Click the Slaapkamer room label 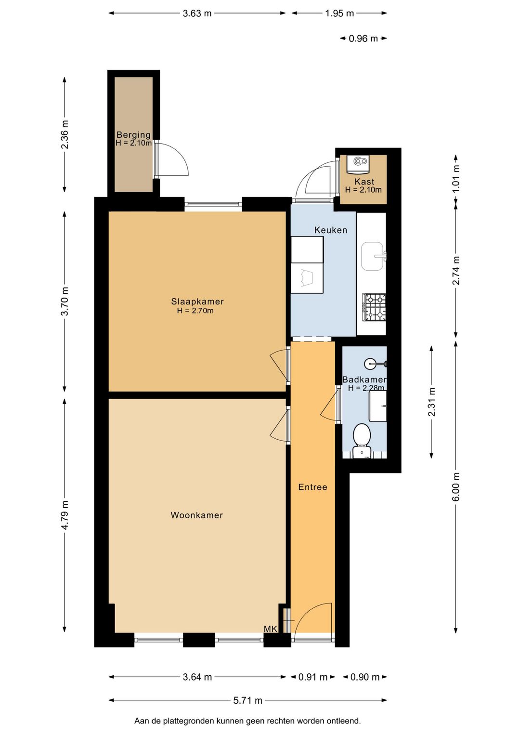coord(197,301)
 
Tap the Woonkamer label coord(197,515)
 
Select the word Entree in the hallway coord(312,487)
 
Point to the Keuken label coord(331,230)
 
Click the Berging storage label coord(133,134)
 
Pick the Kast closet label coord(364,182)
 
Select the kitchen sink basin coord(372,256)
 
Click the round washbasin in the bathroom coord(370,364)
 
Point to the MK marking coord(271,629)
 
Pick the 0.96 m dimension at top coord(363,39)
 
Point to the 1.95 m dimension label coord(339,13)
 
